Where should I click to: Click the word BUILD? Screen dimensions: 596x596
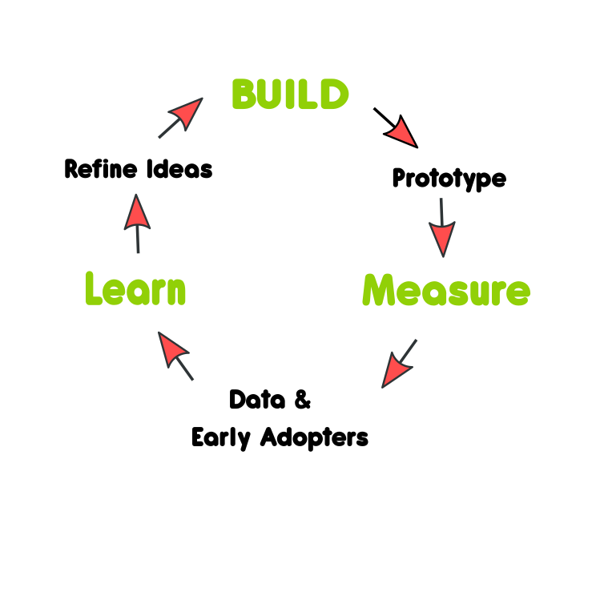pos(290,95)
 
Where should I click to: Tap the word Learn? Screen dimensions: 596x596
pos(135,289)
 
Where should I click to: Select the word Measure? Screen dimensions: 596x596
pos(446,290)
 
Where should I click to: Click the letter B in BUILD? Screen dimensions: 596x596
pos(244,95)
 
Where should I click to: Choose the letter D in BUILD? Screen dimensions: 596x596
pos(333,95)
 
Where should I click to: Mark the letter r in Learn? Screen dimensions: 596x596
pos(157,292)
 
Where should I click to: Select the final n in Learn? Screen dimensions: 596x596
pos(176,292)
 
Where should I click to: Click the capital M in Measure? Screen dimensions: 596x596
pos(381,290)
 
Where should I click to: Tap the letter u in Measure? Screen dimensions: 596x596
pos(476,293)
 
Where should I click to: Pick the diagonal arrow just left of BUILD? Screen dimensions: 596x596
pos(182,117)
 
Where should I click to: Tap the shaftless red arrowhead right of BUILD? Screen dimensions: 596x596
pos(402,133)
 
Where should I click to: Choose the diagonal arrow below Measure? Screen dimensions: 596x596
pos(398,364)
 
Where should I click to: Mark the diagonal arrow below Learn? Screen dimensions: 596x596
pos(175,354)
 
